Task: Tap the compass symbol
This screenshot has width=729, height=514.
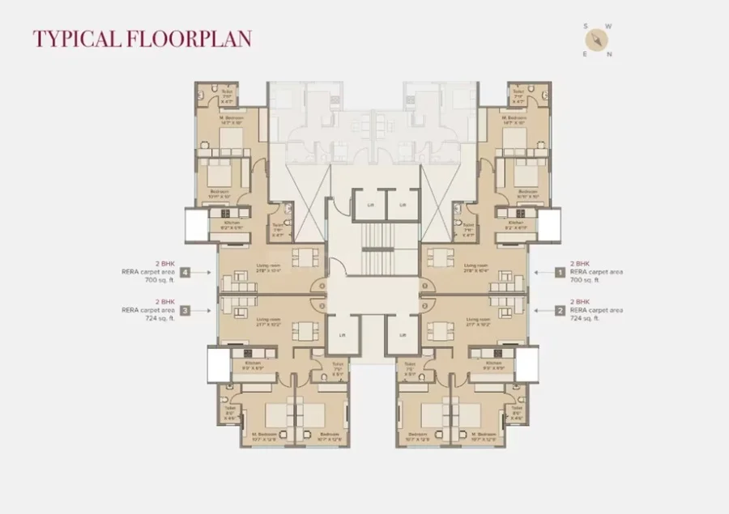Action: coord(597,39)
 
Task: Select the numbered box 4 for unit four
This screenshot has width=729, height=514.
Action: coord(185,273)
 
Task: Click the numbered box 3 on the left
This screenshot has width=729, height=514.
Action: coord(185,310)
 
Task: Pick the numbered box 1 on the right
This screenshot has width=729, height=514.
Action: coord(558,273)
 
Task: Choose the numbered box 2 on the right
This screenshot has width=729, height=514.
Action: coord(558,310)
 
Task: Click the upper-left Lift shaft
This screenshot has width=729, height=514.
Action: coord(370,205)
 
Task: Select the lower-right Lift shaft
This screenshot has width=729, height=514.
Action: coord(402,333)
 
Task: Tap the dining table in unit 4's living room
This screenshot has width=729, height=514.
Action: coord(305,258)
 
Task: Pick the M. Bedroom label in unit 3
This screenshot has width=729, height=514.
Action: coord(262,435)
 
